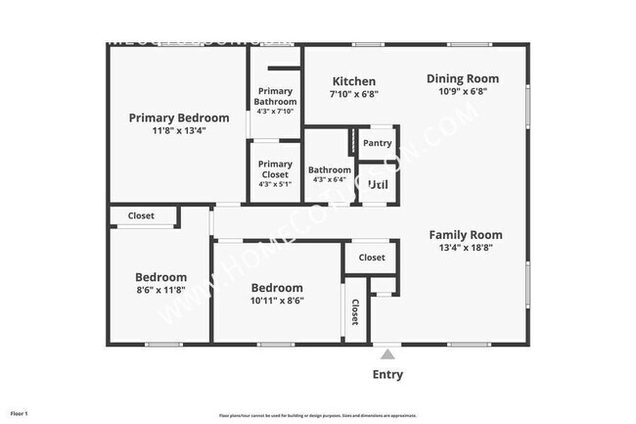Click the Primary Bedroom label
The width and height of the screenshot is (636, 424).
(x=179, y=118)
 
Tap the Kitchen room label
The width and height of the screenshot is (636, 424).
(x=353, y=81)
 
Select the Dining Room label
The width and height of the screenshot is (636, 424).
(x=462, y=78)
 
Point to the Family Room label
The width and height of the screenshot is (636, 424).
(x=465, y=235)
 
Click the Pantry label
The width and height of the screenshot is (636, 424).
(x=377, y=143)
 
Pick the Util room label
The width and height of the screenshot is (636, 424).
(x=377, y=184)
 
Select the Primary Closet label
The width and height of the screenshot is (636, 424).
(x=275, y=169)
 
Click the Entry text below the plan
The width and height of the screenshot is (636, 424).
(x=387, y=374)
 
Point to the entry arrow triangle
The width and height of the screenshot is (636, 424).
(x=387, y=353)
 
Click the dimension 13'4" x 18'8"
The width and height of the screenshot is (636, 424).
(x=465, y=249)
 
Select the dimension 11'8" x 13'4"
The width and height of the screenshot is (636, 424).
(x=179, y=130)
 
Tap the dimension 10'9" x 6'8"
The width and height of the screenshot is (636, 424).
(x=462, y=91)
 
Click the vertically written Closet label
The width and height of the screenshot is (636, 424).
(x=354, y=312)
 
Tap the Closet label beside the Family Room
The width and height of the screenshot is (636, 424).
(x=371, y=258)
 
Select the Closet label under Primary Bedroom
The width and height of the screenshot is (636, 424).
(x=141, y=215)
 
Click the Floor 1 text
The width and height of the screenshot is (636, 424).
(x=20, y=414)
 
